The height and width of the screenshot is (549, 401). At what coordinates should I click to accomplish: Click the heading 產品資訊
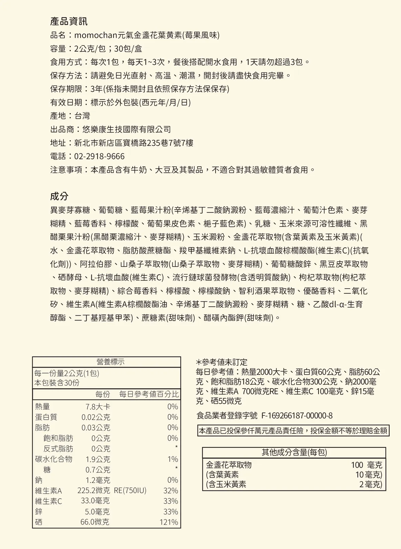(x=69, y=22)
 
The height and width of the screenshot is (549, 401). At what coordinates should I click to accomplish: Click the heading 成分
(x=59, y=196)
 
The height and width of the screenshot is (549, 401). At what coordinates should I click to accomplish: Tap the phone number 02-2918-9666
(x=99, y=156)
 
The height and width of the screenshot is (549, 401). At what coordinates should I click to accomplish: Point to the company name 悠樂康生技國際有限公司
(x=127, y=129)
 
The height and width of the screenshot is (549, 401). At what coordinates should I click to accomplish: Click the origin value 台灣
(x=82, y=116)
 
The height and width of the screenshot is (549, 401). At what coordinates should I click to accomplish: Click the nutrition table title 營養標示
(x=110, y=362)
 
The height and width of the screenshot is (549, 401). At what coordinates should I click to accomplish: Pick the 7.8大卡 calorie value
(x=98, y=407)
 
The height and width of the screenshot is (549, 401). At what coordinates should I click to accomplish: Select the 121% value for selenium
(x=169, y=522)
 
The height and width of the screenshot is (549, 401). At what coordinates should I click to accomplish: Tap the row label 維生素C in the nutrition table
(x=48, y=501)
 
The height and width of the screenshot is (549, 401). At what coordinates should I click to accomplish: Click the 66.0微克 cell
(x=95, y=522)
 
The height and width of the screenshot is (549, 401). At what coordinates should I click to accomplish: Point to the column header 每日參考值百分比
(x=149, y=394)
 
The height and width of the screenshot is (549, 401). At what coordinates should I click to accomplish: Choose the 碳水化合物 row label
(x=53, y=459)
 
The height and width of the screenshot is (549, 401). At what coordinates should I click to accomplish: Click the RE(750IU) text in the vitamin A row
(x=130, y=491)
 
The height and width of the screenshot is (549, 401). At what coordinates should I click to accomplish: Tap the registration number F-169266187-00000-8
(x=297, y=416)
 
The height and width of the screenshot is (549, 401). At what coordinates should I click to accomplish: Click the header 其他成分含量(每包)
(x=294, y=453)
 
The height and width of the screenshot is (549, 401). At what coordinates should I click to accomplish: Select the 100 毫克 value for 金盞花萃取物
(x=366, y=465)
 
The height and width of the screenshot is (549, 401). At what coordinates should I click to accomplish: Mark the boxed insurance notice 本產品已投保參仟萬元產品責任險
(x=293, y=431)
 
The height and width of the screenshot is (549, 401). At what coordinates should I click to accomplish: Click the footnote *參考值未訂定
(x=222, y=362)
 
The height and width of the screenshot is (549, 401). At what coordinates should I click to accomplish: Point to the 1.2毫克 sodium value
(x=98, y=480)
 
